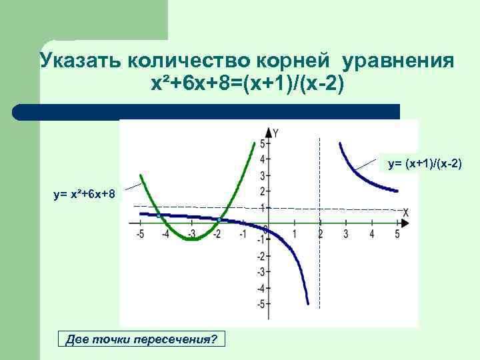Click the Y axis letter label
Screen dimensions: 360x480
click(x=276, y=133)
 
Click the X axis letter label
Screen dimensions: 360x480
click(x=405, y=213)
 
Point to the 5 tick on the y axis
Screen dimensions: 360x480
click(x=263, y=144)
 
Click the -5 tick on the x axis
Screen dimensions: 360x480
click(x=139, y=234)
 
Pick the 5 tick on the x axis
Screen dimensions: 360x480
click(x=397, y=234)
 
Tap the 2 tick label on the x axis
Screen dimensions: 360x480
click(x=320, y=234)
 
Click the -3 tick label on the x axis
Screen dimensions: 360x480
click(x=191, y=234)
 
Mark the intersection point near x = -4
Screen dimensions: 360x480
click(x=159, y=215)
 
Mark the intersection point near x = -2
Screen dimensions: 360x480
click(x=219, y=219)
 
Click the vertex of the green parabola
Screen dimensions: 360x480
click(x=191, y=239)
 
